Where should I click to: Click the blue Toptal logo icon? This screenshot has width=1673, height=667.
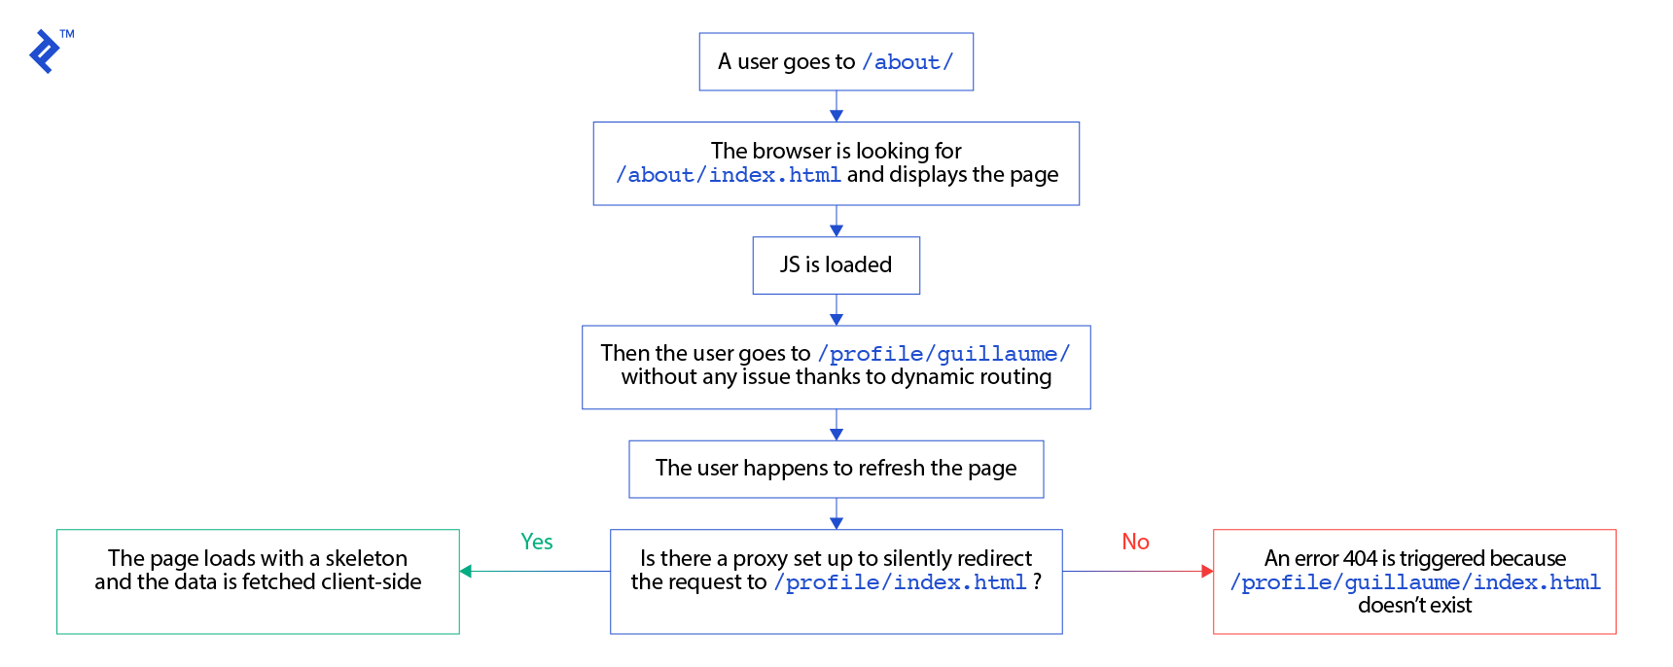tap(45, 52)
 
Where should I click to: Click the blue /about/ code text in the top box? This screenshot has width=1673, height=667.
tap(907, 62)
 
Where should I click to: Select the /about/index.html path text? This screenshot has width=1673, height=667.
tap(728, 175)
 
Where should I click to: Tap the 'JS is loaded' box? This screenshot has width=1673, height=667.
tap(836, 264)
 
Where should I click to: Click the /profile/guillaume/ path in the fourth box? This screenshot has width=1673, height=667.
tap(943, 354)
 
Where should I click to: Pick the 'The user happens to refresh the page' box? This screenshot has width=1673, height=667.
tap(836, 469)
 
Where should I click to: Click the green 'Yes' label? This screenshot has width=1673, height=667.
tap(536, 542)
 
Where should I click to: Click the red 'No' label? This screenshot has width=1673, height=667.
tap(1135, 542)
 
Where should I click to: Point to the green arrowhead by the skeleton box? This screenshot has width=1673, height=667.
tap(466, 572)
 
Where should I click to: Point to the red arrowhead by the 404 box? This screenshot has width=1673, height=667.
tap(1207, 572)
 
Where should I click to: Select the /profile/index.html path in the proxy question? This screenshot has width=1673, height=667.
tap(900, 582)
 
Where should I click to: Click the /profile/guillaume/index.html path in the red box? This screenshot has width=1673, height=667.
tap(1414, 582)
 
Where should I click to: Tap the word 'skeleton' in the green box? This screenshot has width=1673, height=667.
tap(366, 558)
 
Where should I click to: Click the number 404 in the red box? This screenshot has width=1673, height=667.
tap(1360, 558)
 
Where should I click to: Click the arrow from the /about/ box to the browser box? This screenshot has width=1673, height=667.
tap(836, 107)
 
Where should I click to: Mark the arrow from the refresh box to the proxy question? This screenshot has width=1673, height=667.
tap(836, 514)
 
